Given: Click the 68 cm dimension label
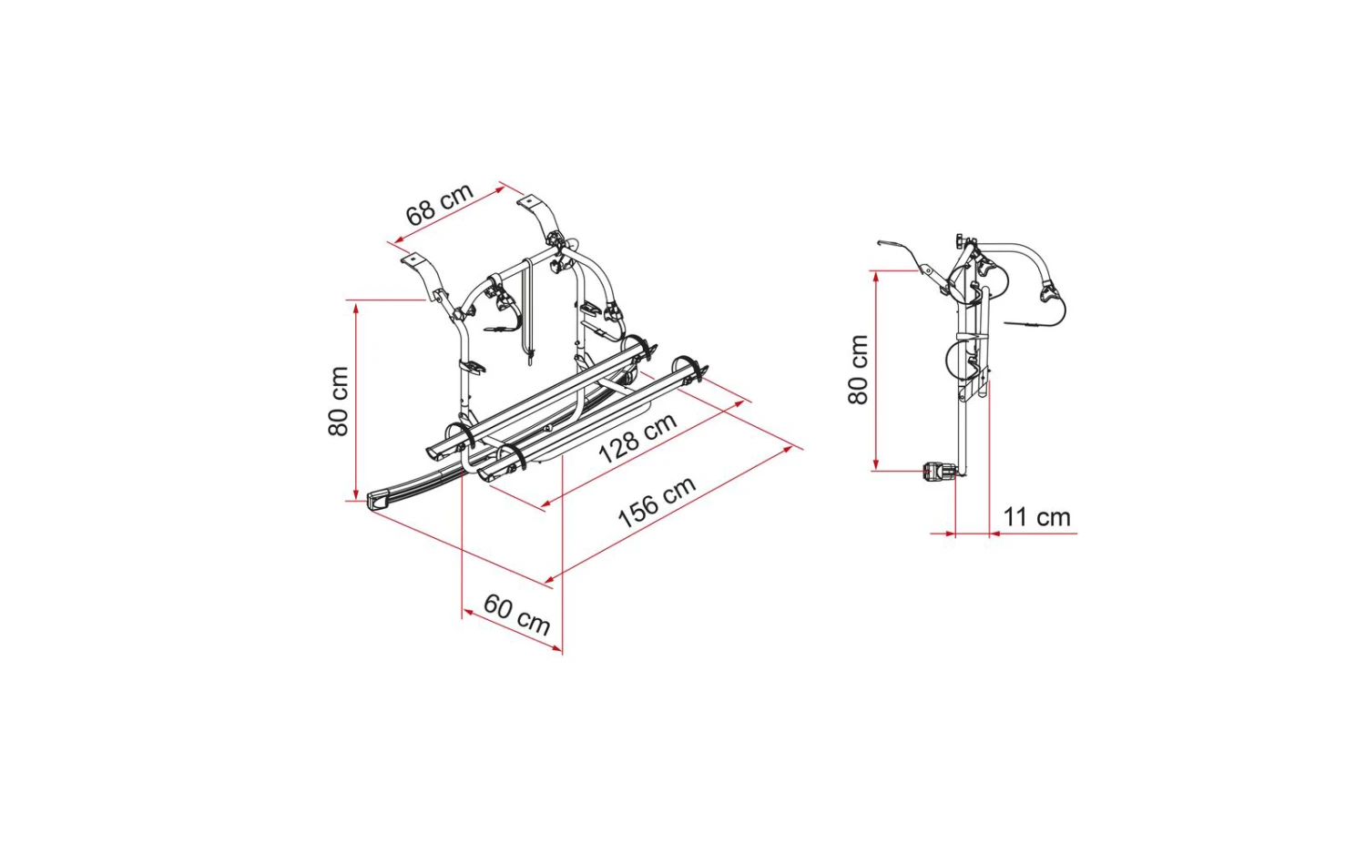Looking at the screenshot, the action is pos(440,204).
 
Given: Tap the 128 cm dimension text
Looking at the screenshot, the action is pos(637,438).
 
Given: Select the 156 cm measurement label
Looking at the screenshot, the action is pos(657,502).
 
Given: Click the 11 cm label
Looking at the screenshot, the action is pos(1036,517).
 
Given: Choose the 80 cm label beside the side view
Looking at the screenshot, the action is pos(858,370).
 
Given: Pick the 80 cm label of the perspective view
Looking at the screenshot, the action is pos(339,402).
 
